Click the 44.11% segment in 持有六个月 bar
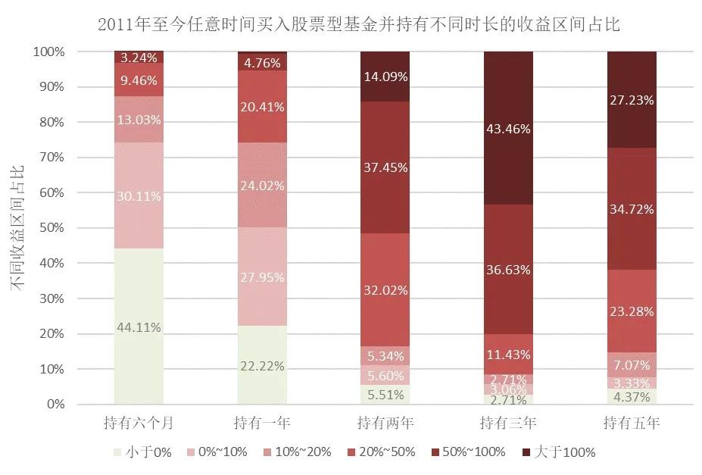point(139,327)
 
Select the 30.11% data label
point(139,196)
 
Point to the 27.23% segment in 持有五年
point(632,99)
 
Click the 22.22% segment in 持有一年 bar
point(262,365)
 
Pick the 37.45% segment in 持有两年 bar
point(385,167)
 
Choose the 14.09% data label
point(385,76)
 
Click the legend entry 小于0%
point(147,452)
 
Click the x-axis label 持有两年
point(385,421)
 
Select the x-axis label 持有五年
point(632,421)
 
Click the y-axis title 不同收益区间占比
point(16,228)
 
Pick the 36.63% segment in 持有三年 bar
point(508,270)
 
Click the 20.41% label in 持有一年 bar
point(262,107)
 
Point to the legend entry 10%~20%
point(297,452)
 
